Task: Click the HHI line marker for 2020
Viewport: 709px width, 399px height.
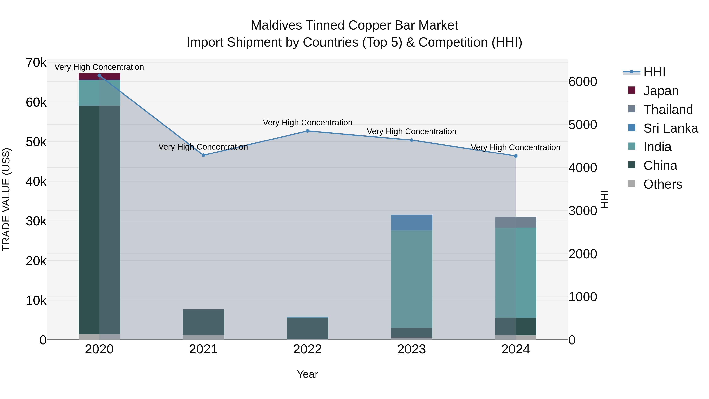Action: pyautogui.click(x=99, y=75)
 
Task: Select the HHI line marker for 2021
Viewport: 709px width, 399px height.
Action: pyautogui.click(x=203, y=155)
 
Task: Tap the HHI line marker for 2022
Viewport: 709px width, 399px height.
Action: pyautogui.click(x=307, y=131)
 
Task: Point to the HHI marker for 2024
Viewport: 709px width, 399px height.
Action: pyautogui.click(x=516, y=156)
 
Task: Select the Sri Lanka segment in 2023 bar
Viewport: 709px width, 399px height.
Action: pyautogui.click(x=411, y=222)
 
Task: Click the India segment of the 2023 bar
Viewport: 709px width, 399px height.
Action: pyautogui.click(x=411, y=279)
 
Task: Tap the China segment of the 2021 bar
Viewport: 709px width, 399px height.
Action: pyautogui.click(x=203, y=322)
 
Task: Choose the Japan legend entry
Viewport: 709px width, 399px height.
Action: pyautogui.click(x=661, y=91)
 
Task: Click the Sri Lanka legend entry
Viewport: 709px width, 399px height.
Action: pyautogui.click(x=670, y=128)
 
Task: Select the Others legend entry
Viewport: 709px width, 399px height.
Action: pyautogui.click(x=663, y=184)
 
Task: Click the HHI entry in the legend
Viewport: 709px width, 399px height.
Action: pyautogui.click(x=654, y=72)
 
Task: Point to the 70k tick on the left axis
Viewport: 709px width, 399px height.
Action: pyautogui.click(x=36, y=63)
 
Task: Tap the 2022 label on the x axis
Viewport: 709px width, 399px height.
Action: pyautogui.click(x=307, y=349)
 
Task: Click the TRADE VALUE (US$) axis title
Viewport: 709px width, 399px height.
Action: pyautogui.click(x=6, y=199)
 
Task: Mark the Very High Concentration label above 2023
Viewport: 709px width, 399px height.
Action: pyautogui.click(x=411, y=132)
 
